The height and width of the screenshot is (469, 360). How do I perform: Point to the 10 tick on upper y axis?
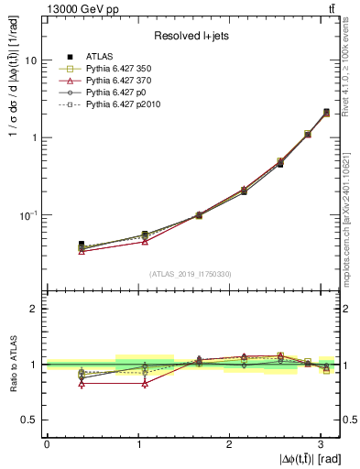click(32, 60)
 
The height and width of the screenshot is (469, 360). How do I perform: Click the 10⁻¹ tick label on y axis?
click(29, 215)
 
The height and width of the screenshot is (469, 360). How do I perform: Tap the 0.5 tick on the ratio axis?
click(31, 420)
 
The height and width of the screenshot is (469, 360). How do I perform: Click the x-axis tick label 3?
click(321, 443)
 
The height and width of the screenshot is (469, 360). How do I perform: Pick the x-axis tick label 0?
click(47, 443)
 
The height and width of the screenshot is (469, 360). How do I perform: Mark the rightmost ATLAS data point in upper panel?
click(326, 113)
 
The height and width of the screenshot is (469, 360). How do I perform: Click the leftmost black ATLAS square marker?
click(82, 245)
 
